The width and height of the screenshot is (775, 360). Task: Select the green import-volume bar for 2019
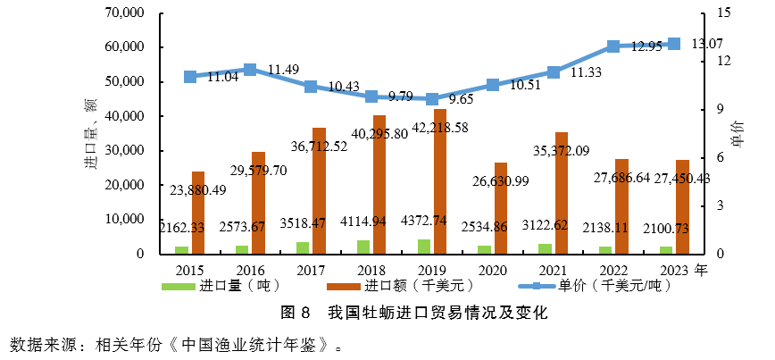(x=424, y=247)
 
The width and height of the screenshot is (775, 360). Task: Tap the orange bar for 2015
(x=198, y=213)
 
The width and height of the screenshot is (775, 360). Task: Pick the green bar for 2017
(x=303, y=247)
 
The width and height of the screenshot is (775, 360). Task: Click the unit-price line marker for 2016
(x=250, y=70)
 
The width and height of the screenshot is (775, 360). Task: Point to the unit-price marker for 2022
(x=613, y=46)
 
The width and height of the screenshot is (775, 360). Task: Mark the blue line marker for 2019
(x=432, y=99)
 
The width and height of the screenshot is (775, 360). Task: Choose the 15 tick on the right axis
(x=723, y=13)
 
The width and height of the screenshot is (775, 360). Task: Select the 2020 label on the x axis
(x=492, y=270)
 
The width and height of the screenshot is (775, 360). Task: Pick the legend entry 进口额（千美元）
(x=410, y=287)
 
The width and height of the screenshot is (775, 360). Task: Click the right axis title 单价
(x=737, y=134)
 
